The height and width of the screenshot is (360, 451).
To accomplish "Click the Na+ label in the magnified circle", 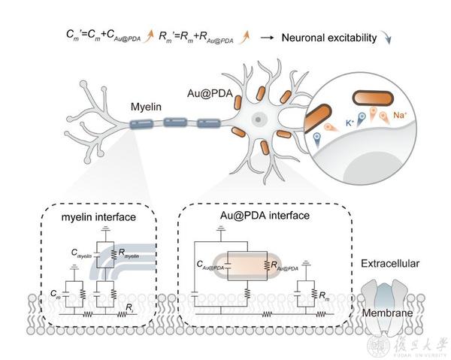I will tap(401, 116).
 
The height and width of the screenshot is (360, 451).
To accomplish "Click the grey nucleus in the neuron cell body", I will tap(258, 119).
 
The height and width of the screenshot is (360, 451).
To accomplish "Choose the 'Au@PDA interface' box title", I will tap(241, 218).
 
